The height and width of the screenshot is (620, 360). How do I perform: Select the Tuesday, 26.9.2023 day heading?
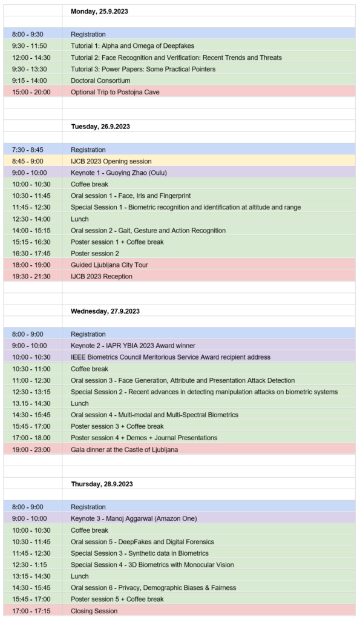click(100, 127)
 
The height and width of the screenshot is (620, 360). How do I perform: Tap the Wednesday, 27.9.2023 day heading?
click(105, 311)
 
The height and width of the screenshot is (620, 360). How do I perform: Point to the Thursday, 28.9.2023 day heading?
click(102, 484)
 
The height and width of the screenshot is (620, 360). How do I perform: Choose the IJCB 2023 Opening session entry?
click(111, 161)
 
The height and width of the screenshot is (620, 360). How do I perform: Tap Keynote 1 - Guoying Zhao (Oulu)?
click(120, 173)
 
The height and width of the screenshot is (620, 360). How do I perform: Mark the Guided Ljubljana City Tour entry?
click(110, 265)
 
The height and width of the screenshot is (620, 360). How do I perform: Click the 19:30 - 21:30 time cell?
click(30, 276)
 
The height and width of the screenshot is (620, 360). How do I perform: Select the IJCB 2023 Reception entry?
click(102, 276)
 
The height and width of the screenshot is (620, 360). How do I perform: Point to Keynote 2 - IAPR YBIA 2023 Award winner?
click(133, 346)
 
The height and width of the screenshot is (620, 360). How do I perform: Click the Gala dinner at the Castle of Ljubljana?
click(125, 449)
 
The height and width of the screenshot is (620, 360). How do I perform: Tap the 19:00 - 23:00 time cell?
click(30, 449)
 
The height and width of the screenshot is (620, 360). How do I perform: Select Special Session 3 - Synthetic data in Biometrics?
click(140, 553)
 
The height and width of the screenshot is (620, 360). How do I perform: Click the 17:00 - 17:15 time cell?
click(30, 611)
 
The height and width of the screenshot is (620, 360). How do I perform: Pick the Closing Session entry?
click(94, 611)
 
